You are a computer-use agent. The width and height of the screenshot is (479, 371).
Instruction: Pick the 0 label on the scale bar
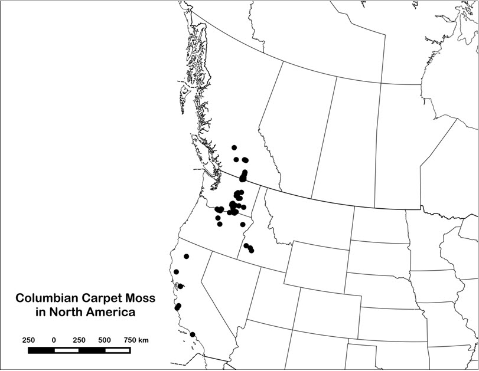click(54, 340)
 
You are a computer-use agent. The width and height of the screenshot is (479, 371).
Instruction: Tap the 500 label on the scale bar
click(105, 340)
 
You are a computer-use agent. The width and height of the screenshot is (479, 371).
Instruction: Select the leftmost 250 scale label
click(28, 340)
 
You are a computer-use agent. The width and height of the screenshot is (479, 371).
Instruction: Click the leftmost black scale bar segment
click(41, 350)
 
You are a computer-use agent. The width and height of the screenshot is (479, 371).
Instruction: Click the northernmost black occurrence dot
click(234, 147)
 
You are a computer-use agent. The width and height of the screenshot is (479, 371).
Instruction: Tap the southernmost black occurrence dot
click(193, 334)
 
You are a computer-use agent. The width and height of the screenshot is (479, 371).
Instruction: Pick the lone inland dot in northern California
click(187, 257)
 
